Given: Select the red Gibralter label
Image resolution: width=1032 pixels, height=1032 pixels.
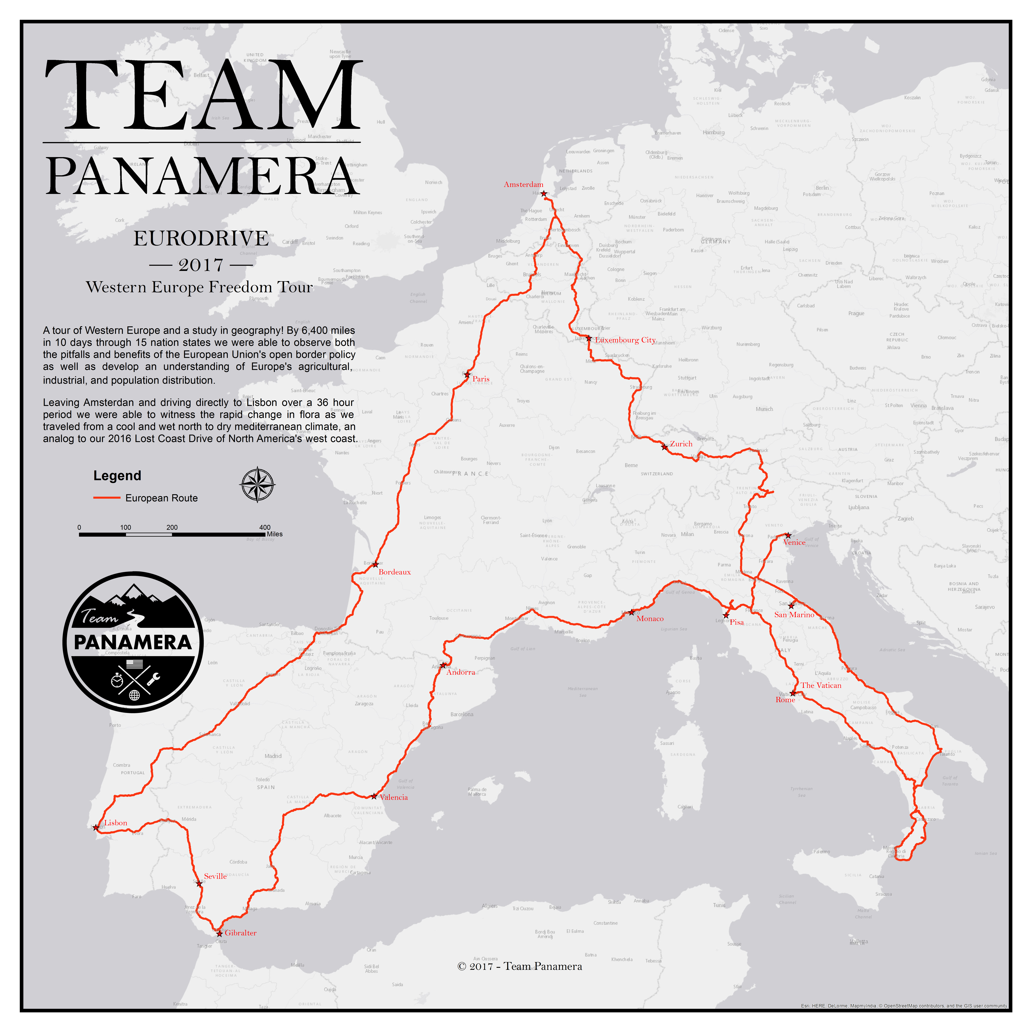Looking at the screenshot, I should click(240, 933).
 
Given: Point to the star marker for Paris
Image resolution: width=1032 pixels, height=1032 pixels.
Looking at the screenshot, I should click(467, 374).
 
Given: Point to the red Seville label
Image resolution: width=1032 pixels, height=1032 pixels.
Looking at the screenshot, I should click(215, 876).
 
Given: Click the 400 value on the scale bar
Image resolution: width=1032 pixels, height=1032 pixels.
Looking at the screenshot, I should click(265, 527).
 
